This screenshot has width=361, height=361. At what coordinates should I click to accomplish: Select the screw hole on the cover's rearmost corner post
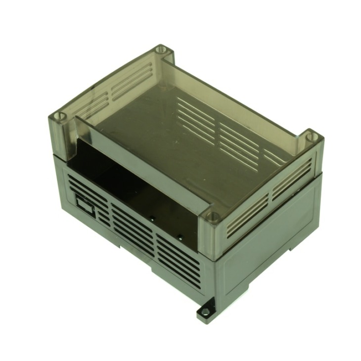tap(161, 49)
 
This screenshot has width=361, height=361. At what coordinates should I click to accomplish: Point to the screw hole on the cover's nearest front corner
tap(212, 217)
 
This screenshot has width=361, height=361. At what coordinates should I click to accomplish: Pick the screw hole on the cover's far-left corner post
tap(60, 116)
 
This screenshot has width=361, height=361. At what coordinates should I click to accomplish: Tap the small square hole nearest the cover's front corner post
tap(181, 234)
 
